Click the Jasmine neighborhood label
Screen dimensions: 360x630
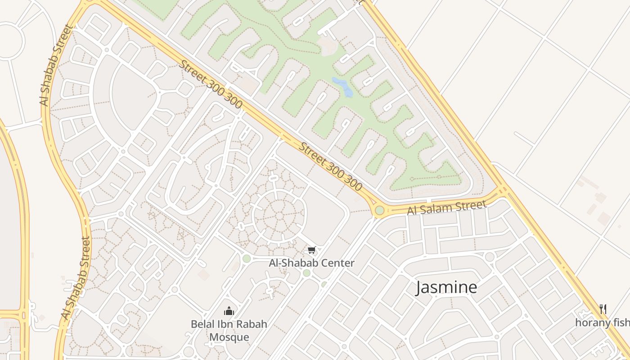446,287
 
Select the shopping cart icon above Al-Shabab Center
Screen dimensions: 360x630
311,250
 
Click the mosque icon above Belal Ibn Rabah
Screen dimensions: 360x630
229,311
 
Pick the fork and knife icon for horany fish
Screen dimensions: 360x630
603,309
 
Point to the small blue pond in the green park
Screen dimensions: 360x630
343,87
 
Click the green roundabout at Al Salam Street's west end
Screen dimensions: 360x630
379,210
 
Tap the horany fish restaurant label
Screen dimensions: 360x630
602,322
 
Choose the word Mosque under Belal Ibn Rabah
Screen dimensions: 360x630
229,337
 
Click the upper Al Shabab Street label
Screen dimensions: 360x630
56,65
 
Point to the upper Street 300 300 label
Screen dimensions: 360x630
211,84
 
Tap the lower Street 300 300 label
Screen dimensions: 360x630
331,166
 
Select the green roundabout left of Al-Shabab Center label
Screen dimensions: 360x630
246,258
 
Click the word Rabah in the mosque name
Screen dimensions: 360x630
253,324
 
